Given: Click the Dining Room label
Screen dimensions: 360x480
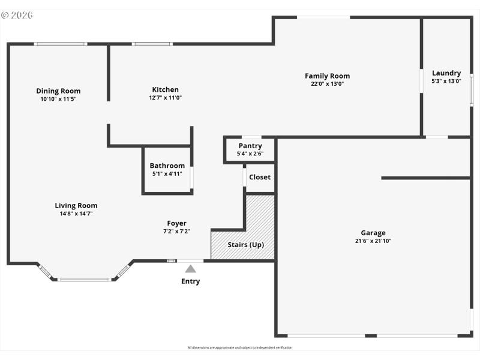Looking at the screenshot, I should (58, 91).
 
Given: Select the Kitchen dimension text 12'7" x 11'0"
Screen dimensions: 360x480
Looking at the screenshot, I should (166, 98).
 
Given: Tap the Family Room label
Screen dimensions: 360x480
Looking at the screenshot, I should (327, 76).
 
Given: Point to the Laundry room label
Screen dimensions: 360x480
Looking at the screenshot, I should (446, 73).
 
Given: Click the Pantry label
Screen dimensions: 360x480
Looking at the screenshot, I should (250, 146).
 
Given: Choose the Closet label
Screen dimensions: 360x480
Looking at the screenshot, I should (260, 177).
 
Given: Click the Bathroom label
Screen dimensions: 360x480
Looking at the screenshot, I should (167, 166).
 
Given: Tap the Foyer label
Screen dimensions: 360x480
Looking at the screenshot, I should (176, 223).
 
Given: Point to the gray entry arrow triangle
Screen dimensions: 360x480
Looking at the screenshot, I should (190, 269).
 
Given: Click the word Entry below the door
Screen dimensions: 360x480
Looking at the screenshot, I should (190, 281).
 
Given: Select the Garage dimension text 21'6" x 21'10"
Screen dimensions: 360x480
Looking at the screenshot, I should (373, 241).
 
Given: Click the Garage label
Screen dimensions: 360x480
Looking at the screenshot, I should (373, 233).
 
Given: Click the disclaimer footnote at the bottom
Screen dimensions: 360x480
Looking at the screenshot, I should (240, 347).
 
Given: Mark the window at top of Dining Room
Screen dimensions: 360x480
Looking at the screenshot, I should (60, 44).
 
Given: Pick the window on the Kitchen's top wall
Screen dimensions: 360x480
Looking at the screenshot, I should (152, 44).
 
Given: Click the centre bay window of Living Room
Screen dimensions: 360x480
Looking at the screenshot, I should (85, 279).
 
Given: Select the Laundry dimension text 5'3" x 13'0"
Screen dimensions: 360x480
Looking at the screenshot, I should (446, 81).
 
